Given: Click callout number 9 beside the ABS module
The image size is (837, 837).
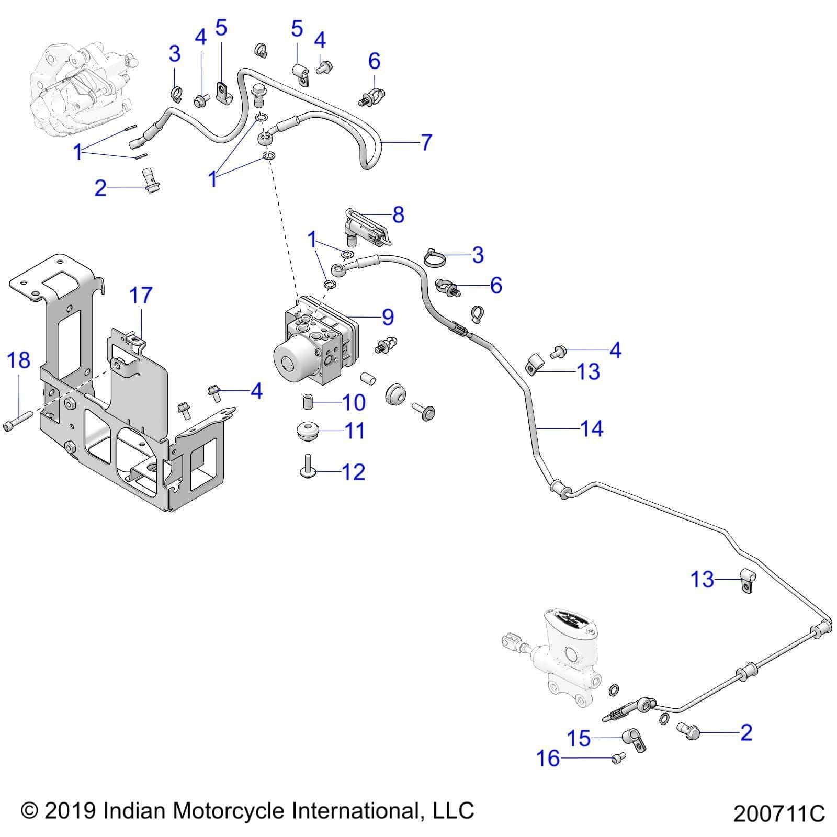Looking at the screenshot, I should click(x=388, y=317).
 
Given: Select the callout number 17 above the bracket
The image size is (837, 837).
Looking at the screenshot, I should click(x=141, y=296).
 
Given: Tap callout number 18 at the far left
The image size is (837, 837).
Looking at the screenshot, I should click(x=18, y=360).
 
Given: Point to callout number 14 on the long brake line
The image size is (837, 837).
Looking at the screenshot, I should click(x=592, y=429).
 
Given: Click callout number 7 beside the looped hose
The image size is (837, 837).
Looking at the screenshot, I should click(x=426, y=142).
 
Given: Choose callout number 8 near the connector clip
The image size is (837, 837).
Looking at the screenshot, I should click(x=398, y=214).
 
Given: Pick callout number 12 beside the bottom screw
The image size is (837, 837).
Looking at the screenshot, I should click(x=353, y=472).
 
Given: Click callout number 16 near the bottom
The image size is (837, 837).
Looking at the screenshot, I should click(x=548, y=758).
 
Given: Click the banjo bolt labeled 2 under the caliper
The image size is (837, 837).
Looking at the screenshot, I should click(x=151, y=179).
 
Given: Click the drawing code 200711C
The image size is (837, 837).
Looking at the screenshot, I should click(x=778, y=814).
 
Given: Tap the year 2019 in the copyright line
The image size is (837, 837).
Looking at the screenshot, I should click(x=71, y=811).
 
